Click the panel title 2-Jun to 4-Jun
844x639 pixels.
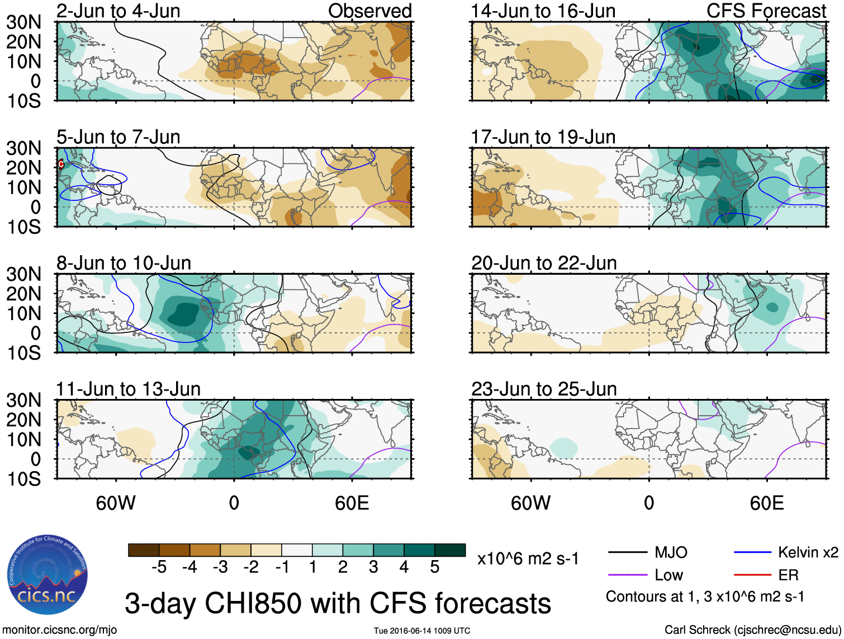click(118, 11)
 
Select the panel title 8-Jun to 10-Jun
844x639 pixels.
click(124, 263)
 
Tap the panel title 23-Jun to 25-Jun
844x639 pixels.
click(544, 389)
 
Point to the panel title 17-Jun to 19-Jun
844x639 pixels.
click(543, 137)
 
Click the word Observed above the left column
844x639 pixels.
click(369, 11)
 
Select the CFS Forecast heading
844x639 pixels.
click(766, 11)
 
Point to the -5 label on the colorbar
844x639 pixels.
click(159, 567)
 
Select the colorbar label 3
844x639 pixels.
click(373, 567)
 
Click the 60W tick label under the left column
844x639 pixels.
click(116, 503)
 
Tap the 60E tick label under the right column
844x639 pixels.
click(766, 503)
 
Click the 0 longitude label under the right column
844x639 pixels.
click(649, 503)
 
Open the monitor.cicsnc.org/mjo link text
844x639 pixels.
click(60, 630)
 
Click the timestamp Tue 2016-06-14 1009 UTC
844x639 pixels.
click(422, 631)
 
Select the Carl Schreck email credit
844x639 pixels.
click(752, 630)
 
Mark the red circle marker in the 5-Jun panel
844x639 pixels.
click(61, 164)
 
